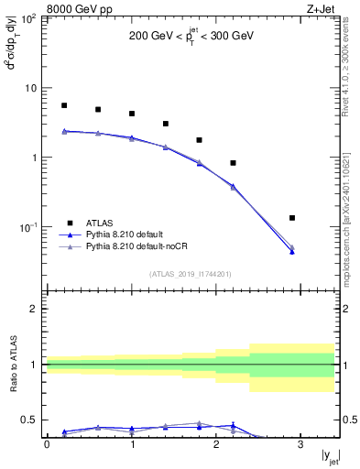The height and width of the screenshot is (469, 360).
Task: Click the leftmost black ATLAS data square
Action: click(x=64, y=105)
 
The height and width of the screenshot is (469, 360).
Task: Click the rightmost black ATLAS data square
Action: click(x=292, y=218)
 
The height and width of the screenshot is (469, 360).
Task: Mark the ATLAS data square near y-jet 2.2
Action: click(x=234, y=163)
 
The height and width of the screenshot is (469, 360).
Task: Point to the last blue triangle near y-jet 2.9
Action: click(x=292, y=251)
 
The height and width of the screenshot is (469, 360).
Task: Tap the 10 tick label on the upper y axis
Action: click(x=31, y=88)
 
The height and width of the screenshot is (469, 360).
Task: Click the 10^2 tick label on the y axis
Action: click(x=29, y=18)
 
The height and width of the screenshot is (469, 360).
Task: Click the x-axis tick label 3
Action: click(x=301, y=444)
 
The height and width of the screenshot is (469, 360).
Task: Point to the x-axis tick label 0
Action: click(x=47, y=444)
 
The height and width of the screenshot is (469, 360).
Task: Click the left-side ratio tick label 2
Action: click(x=36, y=309)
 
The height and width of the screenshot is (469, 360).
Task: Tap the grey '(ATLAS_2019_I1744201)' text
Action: click(x=191, y=274)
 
